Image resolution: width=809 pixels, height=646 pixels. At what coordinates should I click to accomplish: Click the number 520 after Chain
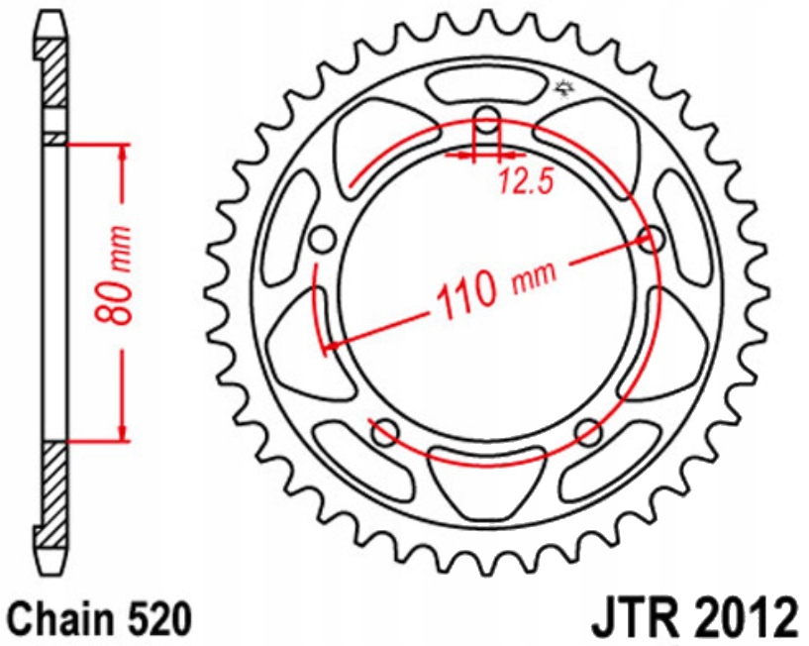pyautogui.click(x=159, y=619)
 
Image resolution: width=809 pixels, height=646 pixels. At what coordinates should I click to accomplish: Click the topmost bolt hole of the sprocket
pyautogui.click(x=485, y=124)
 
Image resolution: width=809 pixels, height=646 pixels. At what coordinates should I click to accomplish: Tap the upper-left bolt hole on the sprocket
pyautogui.click(x=320, y=239)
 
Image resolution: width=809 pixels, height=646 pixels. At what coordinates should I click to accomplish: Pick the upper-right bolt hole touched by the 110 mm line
pyautogui.click(x=651, y=238)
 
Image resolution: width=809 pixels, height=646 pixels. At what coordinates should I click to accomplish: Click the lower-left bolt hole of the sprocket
pyautogui.click(x=383, y=430)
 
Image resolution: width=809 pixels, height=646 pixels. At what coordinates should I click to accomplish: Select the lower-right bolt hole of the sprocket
pyautogui.click(x=588, y=431)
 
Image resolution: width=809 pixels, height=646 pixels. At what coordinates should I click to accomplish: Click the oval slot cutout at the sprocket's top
pyautogui.click(x=485, y=82)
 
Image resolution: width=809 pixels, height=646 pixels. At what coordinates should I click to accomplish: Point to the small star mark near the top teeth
pyautogui.click(x=565, y=91)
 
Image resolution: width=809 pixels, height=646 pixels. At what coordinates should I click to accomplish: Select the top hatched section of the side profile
pyautogui.click(x=54, y=79)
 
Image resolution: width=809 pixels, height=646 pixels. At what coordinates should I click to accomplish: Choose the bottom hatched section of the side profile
pyautogui.click(x=54, y=495)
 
